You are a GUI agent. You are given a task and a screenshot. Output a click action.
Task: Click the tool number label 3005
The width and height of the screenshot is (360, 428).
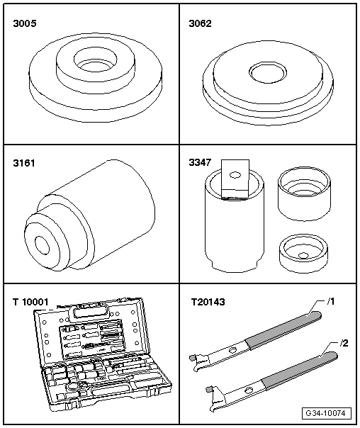[25, 23]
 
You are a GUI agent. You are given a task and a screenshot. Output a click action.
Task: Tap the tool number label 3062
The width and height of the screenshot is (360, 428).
[200, 23]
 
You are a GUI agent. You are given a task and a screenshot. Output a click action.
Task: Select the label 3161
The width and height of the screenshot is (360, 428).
[24, 163]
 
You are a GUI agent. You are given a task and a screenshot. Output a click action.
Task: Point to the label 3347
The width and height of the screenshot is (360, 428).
[200, 162]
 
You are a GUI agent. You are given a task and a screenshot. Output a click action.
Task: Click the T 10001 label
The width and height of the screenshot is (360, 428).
[30, 302]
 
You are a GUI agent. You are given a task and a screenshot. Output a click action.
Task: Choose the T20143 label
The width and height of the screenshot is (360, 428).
[208, 302]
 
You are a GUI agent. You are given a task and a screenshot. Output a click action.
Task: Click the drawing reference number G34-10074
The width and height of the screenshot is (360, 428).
[326, 413]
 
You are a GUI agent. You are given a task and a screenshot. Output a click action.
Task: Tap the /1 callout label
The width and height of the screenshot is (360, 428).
[331, 302]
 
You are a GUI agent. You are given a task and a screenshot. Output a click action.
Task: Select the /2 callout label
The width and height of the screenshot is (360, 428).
[344, 343]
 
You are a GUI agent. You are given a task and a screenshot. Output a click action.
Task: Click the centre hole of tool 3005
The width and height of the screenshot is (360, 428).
[95, 60]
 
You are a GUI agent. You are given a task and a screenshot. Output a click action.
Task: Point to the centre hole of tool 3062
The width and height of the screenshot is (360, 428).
[268, 72]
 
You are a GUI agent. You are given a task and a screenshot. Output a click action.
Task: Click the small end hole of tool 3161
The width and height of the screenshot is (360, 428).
[42, 246]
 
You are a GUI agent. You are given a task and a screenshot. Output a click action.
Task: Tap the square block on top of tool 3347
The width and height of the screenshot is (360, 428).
[235, 179]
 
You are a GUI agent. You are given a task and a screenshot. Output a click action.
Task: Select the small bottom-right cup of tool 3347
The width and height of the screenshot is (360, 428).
[303, 253]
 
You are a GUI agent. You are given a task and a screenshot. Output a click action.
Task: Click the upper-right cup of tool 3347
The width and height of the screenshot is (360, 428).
[304, 193]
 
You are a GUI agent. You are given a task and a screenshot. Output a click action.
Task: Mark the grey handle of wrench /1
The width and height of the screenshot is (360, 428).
[283, 330]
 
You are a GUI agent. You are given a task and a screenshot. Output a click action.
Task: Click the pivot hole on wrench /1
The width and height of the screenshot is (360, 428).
[233, 350]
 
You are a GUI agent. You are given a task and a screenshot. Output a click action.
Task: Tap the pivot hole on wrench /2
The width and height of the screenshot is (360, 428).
[249, 390]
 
